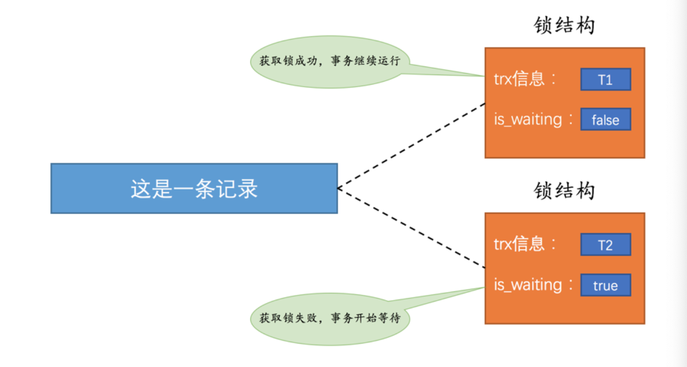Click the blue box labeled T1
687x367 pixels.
click(x=605, y=79)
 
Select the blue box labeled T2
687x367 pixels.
click(x=605, y=245)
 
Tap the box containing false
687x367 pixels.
click(x=605, y=119)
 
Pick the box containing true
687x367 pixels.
click(x=605, y=285)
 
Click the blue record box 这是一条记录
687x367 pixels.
click(x=194, y=188)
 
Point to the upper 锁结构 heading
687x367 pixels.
click(x=564, y=25)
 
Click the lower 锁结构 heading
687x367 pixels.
click(x=564, y=191)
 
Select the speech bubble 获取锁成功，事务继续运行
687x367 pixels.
click(x=329, y=62)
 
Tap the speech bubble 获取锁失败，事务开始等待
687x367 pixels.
click(x=329, y=318)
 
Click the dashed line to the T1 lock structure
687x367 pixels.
click(x=411, y=146)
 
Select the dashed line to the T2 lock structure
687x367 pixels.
click(x=411, y=228)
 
